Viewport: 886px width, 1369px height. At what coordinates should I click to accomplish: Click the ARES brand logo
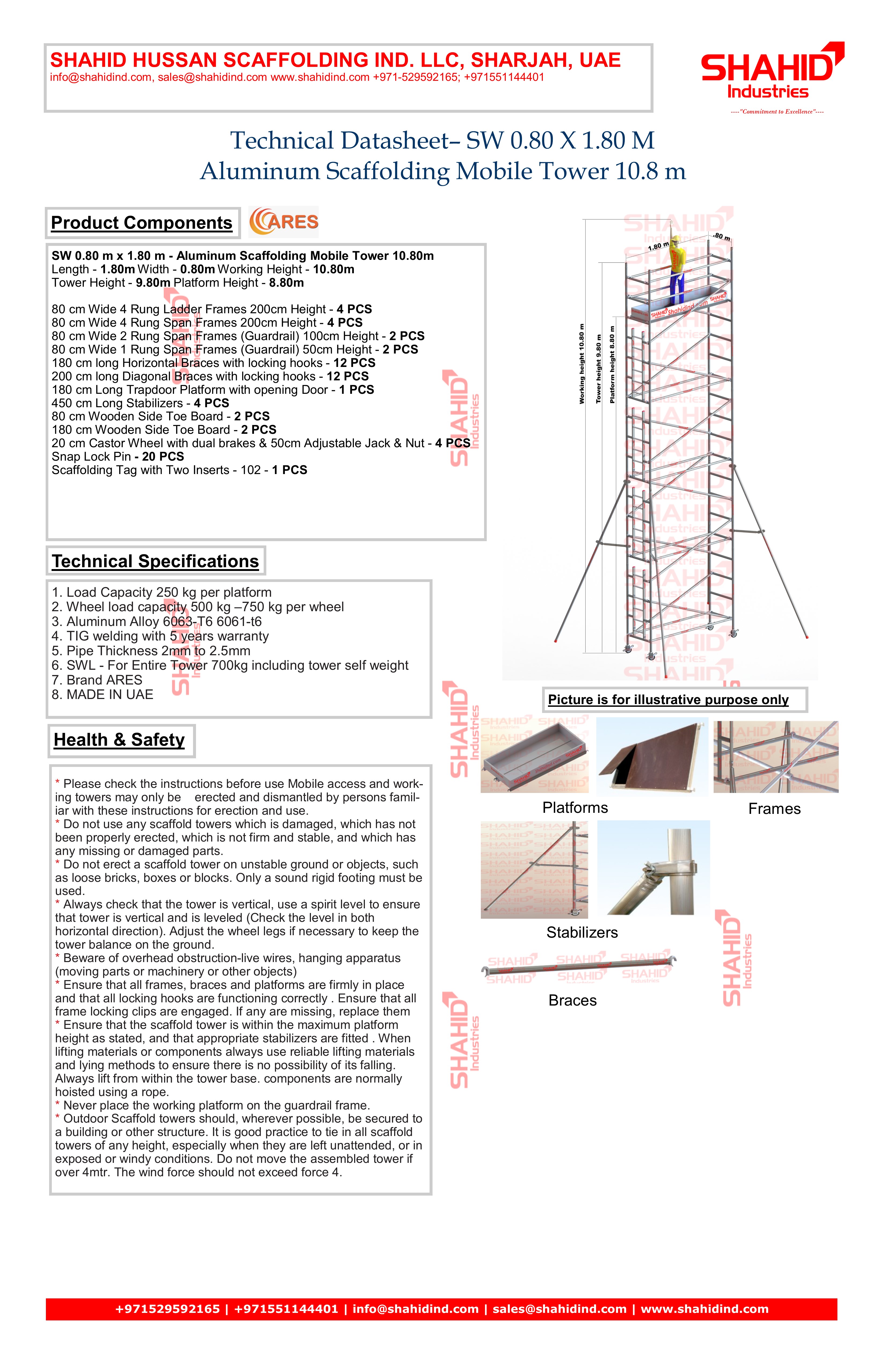(x=284, y=222)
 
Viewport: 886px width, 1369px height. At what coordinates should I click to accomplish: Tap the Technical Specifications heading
(x=155, y=561)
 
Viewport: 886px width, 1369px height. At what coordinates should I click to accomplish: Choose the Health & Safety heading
(x=120, y=740)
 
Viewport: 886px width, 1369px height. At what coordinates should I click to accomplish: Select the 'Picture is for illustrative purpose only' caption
(x=668, y=700)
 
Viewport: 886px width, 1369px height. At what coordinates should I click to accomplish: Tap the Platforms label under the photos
(x=575, y=808)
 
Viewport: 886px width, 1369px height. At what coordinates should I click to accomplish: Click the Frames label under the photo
(x=774, y=809)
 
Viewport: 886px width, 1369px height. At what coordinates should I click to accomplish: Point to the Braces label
(x=572, y=1001)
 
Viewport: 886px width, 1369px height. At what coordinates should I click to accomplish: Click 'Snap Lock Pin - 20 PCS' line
(x=118, y=457)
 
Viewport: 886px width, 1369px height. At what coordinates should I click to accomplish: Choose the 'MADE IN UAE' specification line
(x=102, y=695)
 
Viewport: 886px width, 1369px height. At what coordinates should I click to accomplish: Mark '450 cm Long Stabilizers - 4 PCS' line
(x=140, y=403)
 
